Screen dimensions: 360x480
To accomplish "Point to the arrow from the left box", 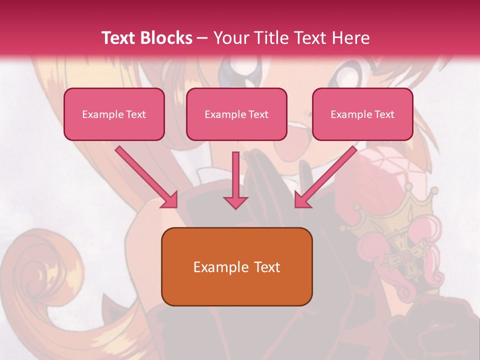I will click(x=146, y=176).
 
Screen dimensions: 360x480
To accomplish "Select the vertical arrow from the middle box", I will click(x=235, y=180).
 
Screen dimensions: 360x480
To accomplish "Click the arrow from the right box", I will click(x=326, y=176).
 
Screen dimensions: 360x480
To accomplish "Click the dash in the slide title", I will click(x=202, y=38).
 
